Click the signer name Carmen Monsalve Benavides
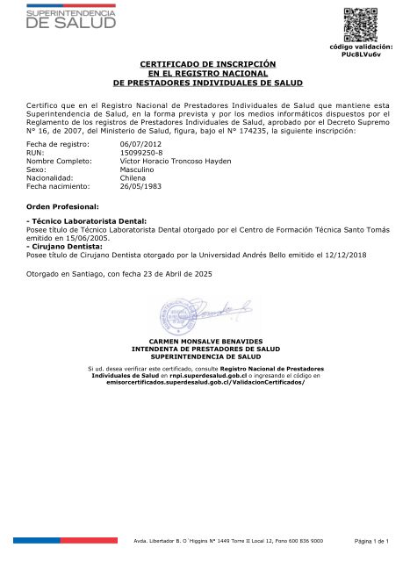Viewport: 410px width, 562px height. click(x=205, y=340)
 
